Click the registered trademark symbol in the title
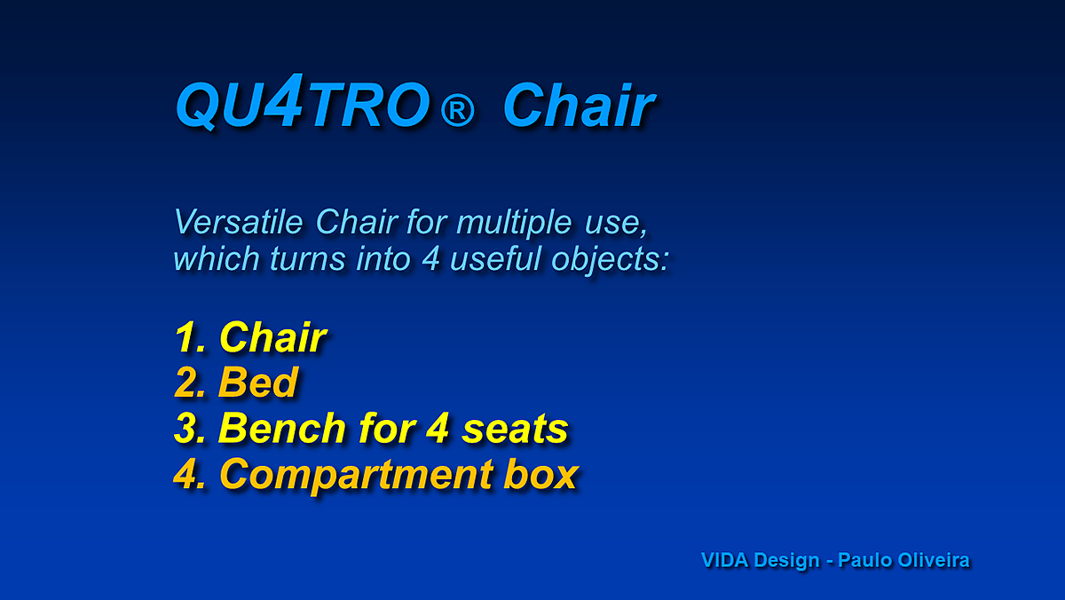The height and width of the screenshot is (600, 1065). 457,110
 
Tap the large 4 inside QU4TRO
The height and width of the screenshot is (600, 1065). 285,100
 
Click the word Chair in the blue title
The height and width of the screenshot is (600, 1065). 579,105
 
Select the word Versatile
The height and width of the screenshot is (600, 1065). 238,222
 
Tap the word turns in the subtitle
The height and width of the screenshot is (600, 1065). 308,259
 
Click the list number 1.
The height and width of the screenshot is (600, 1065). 190,337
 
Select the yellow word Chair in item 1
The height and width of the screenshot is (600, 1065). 273,337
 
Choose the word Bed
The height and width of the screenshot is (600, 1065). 258,383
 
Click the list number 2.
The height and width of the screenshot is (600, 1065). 190,383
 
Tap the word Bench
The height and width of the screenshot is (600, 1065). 282,429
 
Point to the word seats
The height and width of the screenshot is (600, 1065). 516,430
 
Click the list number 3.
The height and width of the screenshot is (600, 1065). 190,429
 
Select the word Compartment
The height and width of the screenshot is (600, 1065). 356,475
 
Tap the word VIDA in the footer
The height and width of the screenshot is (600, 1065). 724,561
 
